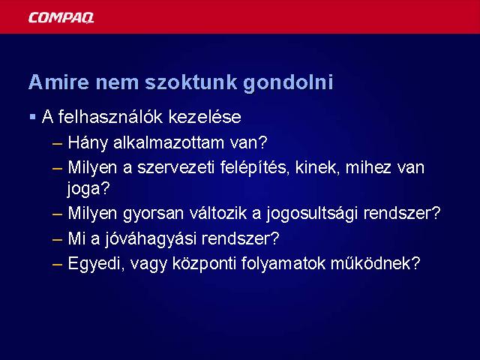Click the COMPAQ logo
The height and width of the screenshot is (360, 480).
61,17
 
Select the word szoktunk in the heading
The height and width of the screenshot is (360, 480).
190,82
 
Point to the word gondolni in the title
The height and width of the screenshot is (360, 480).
288,82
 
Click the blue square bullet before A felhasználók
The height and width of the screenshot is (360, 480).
33,117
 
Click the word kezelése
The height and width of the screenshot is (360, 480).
205,117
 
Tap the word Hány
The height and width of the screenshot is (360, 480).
88,143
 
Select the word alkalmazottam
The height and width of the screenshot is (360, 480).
169,142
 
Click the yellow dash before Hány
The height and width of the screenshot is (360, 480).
57,143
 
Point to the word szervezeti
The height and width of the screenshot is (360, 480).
175,167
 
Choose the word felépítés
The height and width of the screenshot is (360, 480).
255,168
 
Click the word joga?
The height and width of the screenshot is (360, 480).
88,188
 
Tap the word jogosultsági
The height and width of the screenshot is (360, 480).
312,213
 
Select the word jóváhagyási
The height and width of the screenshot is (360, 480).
150,238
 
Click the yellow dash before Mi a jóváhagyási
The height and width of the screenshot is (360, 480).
57,239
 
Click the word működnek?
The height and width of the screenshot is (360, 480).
375,263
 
